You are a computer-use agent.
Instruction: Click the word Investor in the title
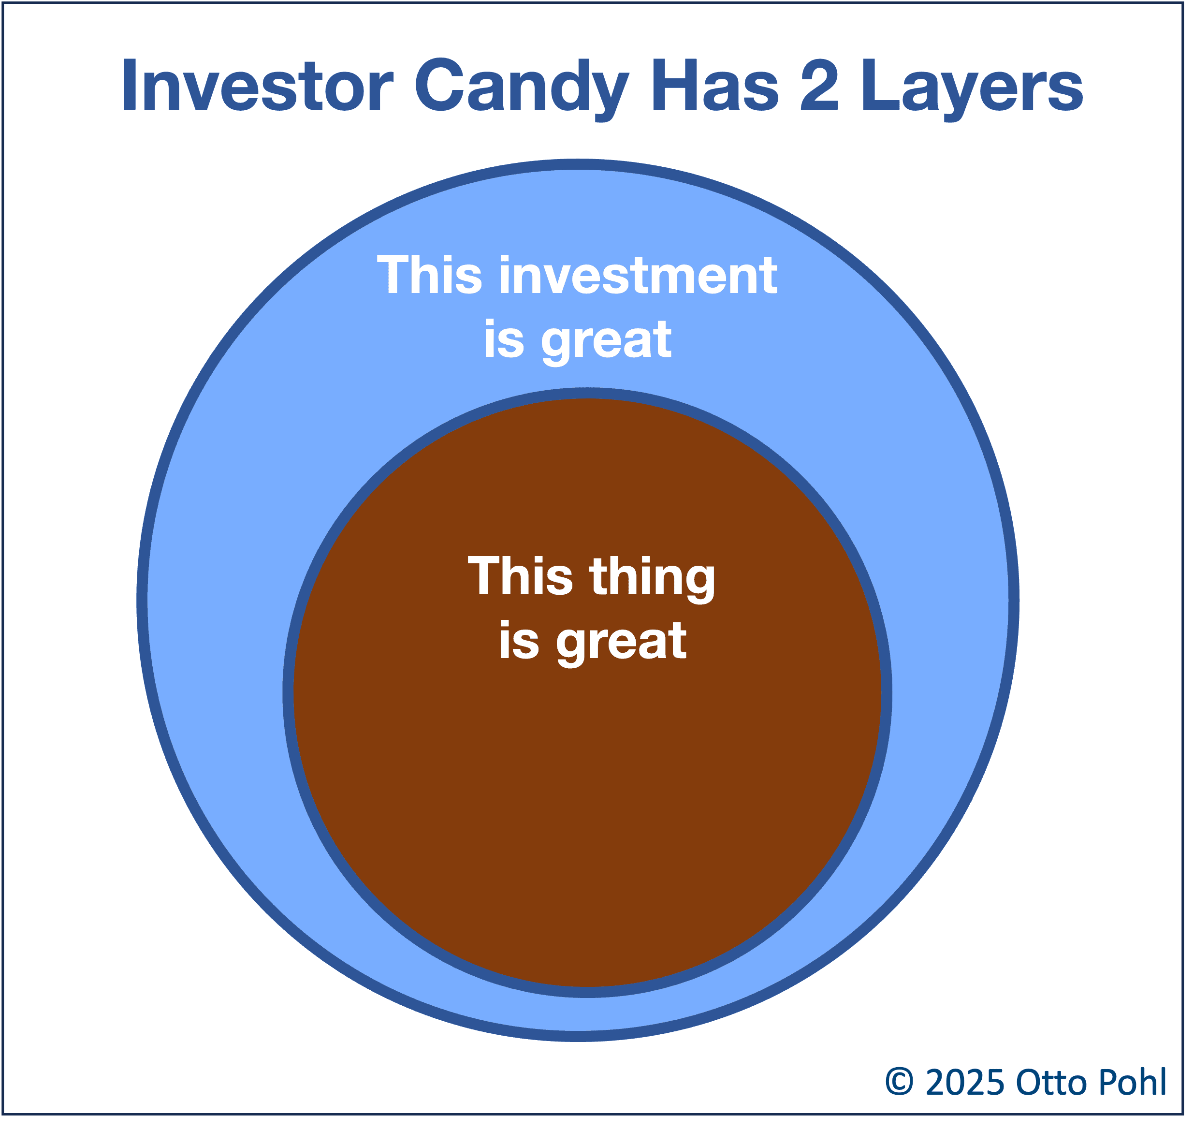[x=259, y=86]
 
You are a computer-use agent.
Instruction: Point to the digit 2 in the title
[x=820, y=86]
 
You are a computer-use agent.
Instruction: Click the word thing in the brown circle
[x=653, y=581]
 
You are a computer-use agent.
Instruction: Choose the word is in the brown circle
[x=519, y=641]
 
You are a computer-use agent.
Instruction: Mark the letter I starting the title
[x=128, y=86]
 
